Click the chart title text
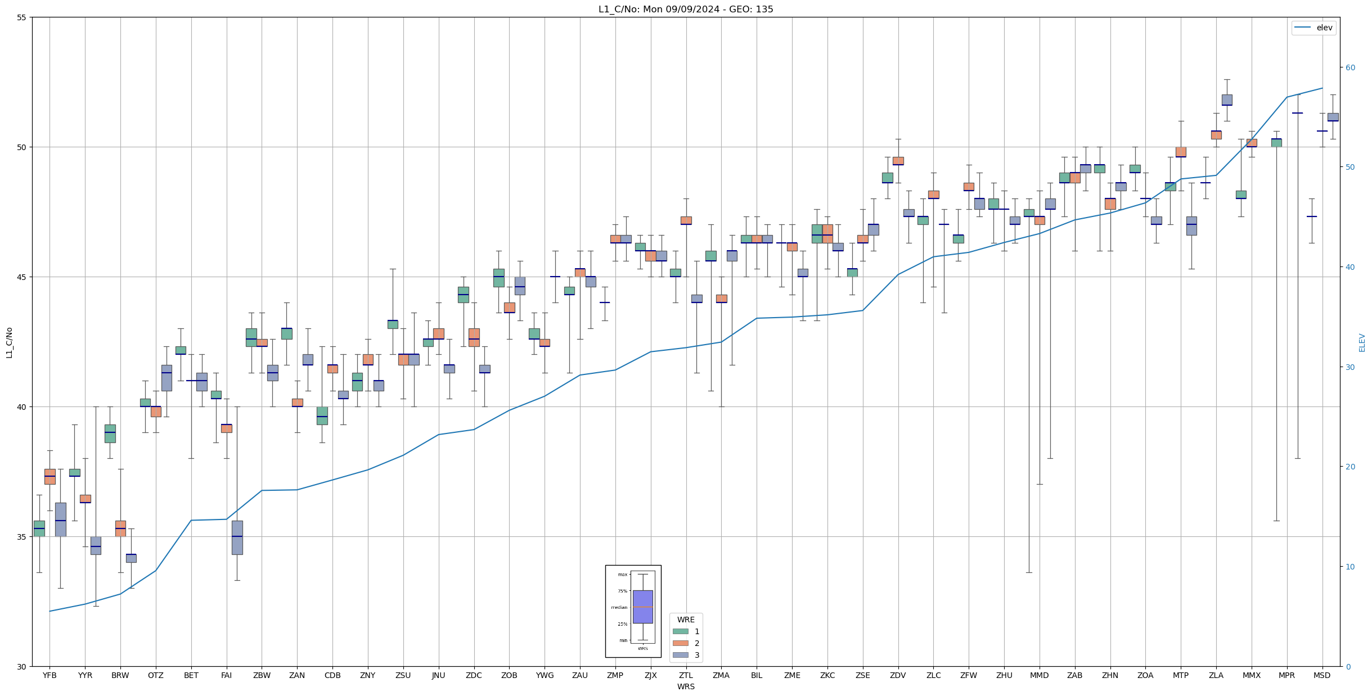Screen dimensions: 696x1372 tap(686, 9)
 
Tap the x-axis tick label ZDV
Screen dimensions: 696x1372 tap(898, 675)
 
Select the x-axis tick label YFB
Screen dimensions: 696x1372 tap(50, 675)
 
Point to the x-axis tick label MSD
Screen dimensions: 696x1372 tap(1322, 675)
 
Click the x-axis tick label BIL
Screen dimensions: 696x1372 tap(757, 675)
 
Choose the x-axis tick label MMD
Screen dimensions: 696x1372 tap(1039, 675)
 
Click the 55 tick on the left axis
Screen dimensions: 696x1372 tap(22, 17)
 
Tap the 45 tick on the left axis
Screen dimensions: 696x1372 tap(22, 277)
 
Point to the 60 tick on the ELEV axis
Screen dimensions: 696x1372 tap(1349, 67)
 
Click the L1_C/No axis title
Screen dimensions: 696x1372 tap(9, 342)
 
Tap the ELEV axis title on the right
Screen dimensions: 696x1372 tap(1362, 342)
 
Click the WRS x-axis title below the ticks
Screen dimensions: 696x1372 tap(686, 686)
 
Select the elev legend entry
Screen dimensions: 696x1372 tap(1313, 28)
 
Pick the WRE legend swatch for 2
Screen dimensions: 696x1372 tap(680, 643)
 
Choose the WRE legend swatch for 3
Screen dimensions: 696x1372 tap(680, 655)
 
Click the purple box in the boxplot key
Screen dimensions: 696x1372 tap(642, 607)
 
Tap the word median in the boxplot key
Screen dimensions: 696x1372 tap(619, 607)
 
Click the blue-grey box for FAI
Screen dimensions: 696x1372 tap(237, 537)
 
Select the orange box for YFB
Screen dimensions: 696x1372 tap(50, 476)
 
